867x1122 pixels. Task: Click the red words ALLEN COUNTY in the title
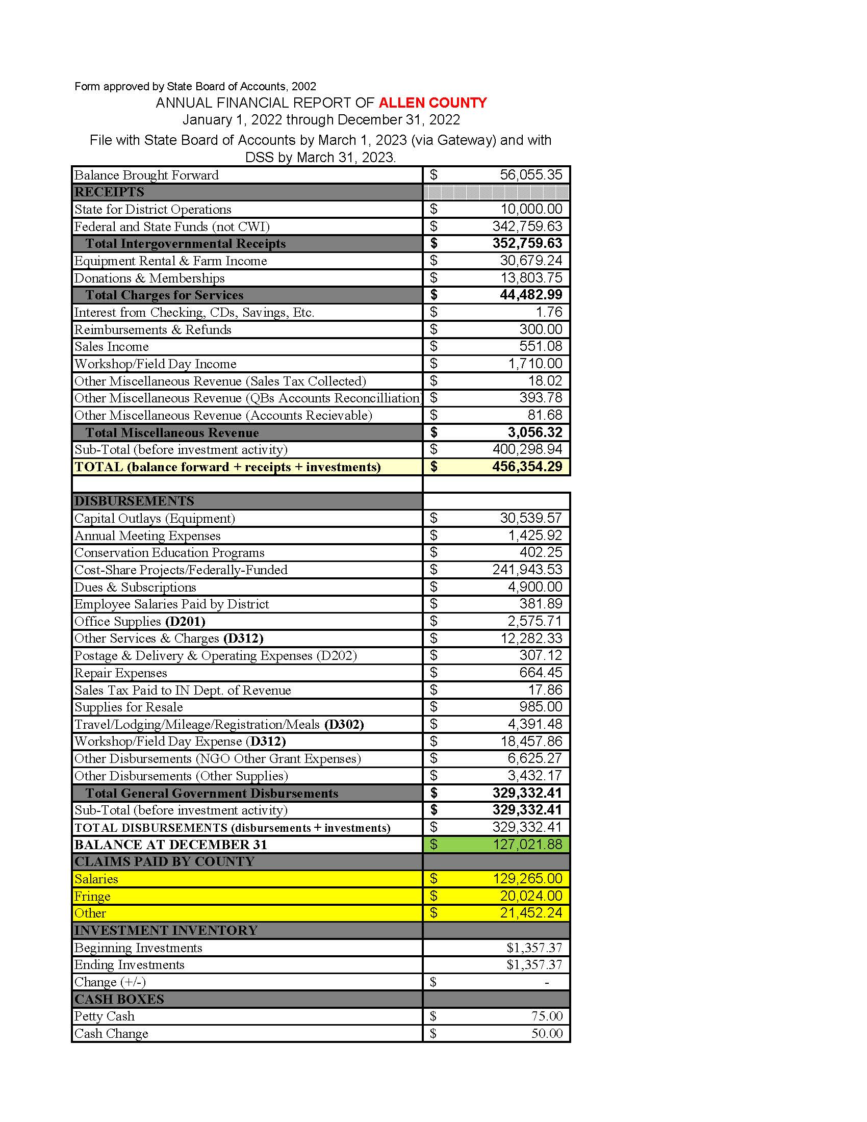click(x=432, y=103)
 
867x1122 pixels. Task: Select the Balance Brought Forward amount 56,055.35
click(x=530, y=174)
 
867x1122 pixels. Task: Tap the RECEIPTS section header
click(x=110, y=192)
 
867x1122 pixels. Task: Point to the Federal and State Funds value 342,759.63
click(x=527, y=226)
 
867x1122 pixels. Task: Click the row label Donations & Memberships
click(x=149, y=278)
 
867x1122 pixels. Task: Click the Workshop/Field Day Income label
click(x=155, y=364)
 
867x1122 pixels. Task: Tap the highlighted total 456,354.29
click(x=527, y=467)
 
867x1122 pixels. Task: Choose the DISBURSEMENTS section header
click(x=134, y=501)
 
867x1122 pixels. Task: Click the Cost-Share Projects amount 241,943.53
click(x=527, y=569)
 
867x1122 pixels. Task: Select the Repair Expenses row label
click(x=121, y=673)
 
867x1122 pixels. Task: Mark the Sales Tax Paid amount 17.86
click(x=545, y=690)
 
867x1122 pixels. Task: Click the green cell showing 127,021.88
click(x=527, y=844)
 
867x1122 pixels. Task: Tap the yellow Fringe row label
click(x=92, y=896)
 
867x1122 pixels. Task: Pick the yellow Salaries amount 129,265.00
click(x=527, y=879)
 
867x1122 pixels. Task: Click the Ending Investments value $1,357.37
click(x=534, y=964)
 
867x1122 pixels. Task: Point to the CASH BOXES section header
click(x=119, y=999)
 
